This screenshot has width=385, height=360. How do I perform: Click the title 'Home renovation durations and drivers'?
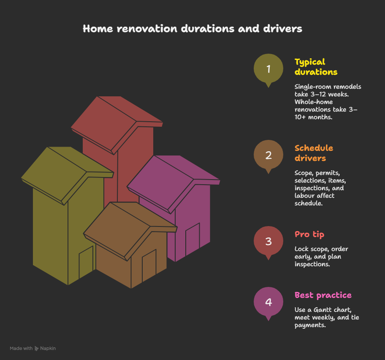pos(192,29)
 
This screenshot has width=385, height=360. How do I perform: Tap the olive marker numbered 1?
pos(268,68)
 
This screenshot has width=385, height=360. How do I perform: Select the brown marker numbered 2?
pos(268,155)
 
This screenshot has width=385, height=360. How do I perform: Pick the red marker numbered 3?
pos(268,241)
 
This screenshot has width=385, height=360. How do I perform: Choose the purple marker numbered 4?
pos(268,302)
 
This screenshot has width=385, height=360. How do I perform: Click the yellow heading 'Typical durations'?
pos(316,67)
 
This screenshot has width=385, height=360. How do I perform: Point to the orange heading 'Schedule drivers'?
pos(314,153)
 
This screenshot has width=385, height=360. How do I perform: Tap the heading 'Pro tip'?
pos(309,235)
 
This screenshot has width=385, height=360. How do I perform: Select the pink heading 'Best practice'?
pos(323,295)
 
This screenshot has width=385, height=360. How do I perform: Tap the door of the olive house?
pos(86,262)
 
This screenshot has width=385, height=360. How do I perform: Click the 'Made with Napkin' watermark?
pos(33,349)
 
